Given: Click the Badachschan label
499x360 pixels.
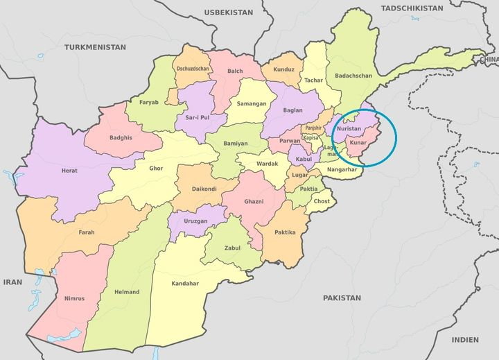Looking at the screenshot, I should [x=353, y=75].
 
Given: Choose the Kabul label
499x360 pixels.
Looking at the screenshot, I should [x=304, y=160].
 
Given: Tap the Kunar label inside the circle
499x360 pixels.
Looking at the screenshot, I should [x=358, y=143].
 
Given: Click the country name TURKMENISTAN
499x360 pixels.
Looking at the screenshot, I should [x=96, y=46].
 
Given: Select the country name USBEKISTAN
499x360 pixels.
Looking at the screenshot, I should [x=228, y=12].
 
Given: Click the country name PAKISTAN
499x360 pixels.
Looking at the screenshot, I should [x=342, y=297].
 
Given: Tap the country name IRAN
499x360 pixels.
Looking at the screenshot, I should [x=12, y=282].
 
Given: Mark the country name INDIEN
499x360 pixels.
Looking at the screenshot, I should [x=465, y=340].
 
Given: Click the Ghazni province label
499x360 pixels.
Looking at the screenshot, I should [x=254, y=200].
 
